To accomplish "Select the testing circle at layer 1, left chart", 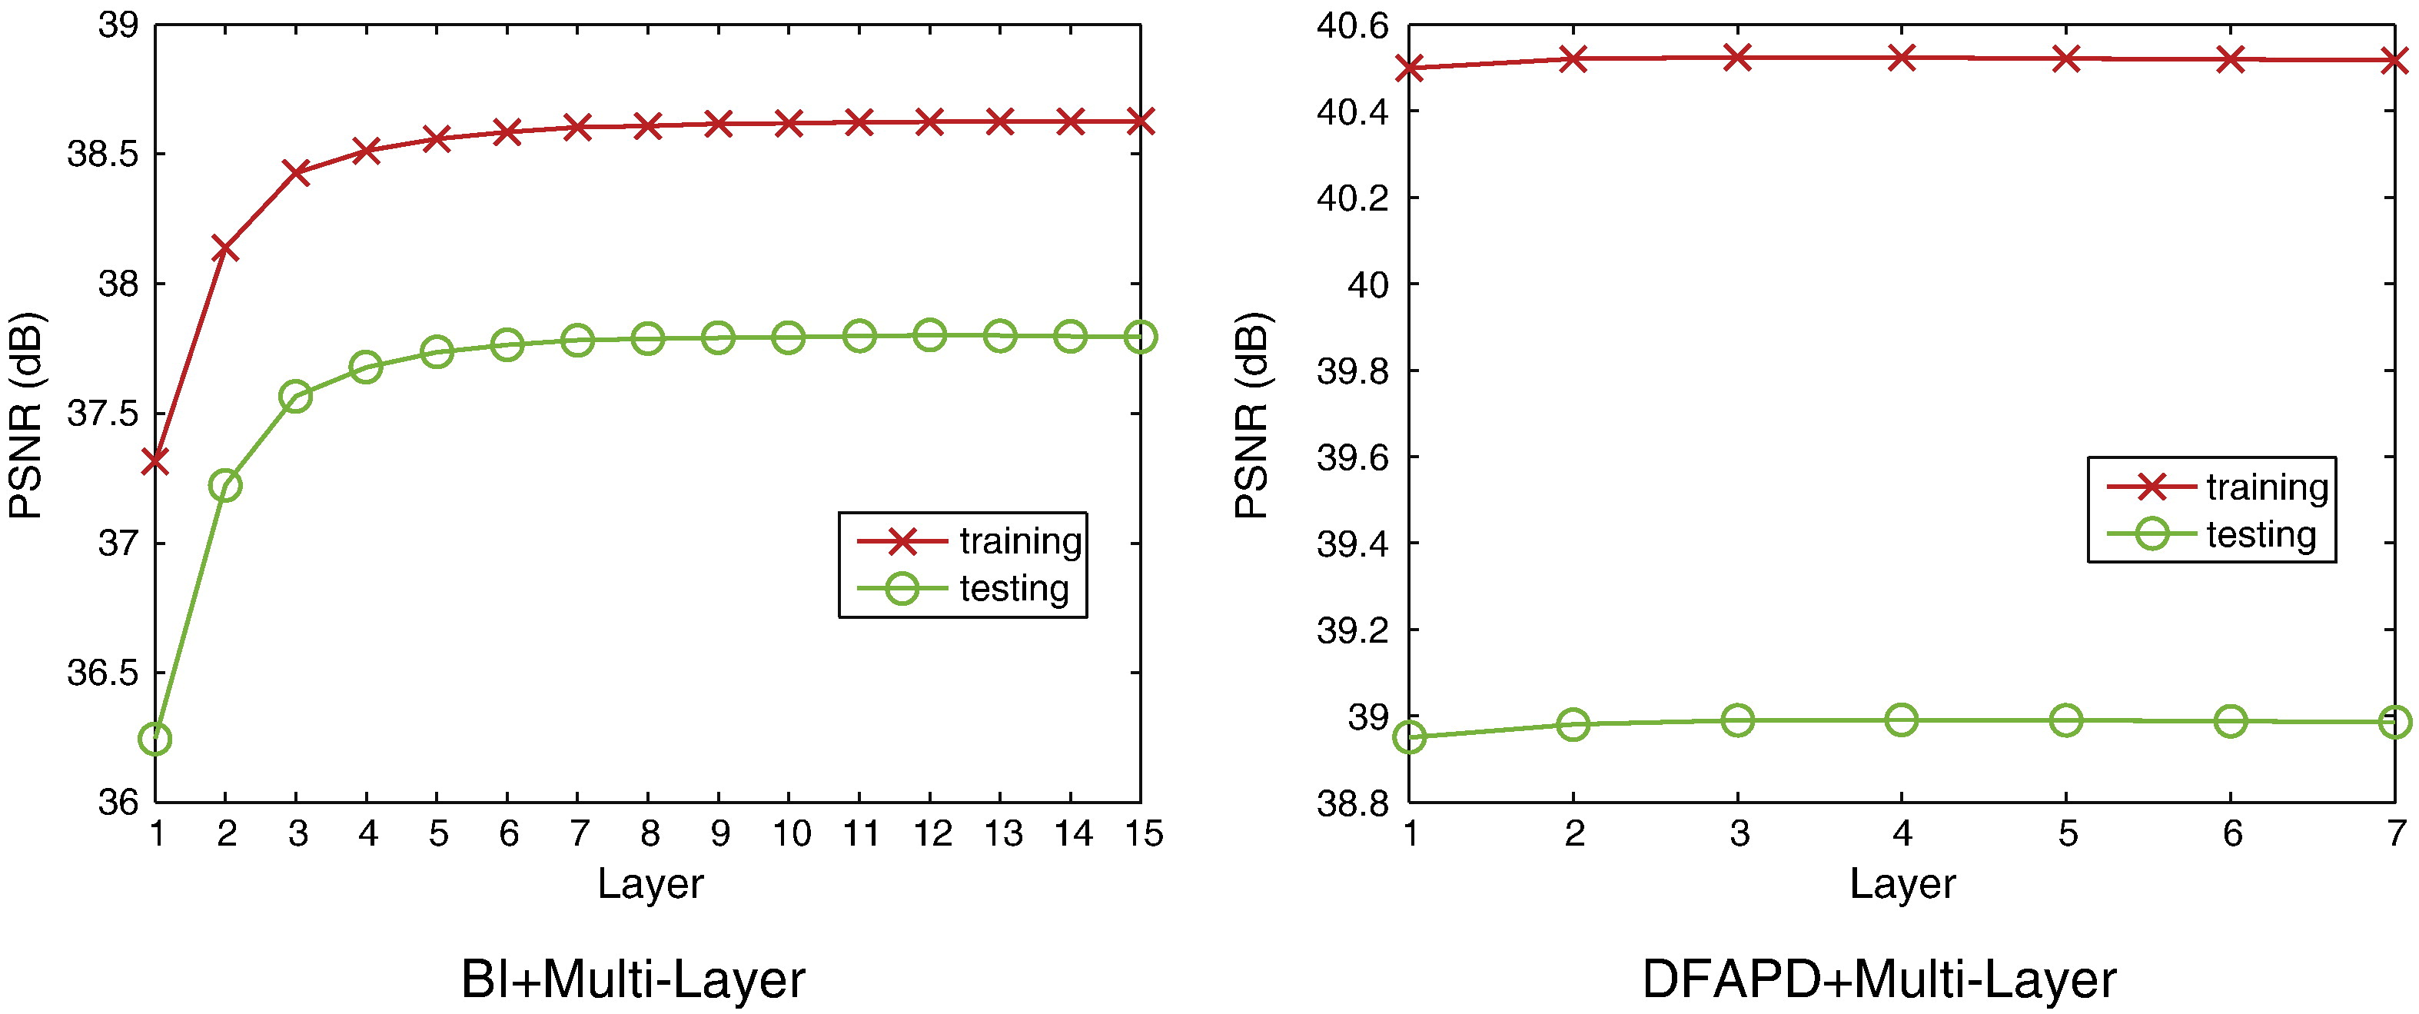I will [x=155, y=739].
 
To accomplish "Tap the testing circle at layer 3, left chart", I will [x=296, y=397].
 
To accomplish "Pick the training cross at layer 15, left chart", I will [x=1140, y=121].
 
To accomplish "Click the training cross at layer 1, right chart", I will [x=1411, y=68].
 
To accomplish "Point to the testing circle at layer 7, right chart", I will [x=2395, y=722].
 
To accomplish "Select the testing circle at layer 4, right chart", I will [x=1902, y=720].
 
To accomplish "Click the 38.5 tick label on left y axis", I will [x=102, y=154].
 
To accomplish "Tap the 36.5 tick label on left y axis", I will [x=102, y=673].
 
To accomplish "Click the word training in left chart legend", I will [x=1021, y=542].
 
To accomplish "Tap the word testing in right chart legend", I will [x=2261, y=535].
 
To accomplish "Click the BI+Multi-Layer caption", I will [x=633, y=980].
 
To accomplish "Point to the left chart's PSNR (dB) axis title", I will [x=26, y=415].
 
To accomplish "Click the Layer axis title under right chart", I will [x=1902, y=884].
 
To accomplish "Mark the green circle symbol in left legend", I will [x=902, y=589].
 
